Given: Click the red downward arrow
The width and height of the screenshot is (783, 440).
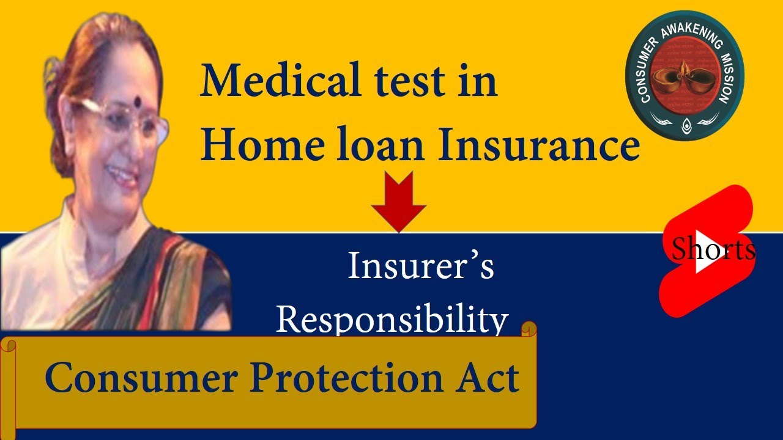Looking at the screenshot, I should coord(399,201).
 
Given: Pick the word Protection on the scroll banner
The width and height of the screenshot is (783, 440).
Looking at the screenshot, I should coord(345,377).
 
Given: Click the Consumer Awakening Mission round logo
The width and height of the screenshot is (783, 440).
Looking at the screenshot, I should coord(685,77).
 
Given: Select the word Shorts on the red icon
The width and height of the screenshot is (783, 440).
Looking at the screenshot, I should coord(713,249).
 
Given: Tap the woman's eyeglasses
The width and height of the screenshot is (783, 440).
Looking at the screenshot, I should coord(120,120).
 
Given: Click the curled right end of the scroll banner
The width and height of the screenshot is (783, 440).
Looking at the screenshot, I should coord(528,330).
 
